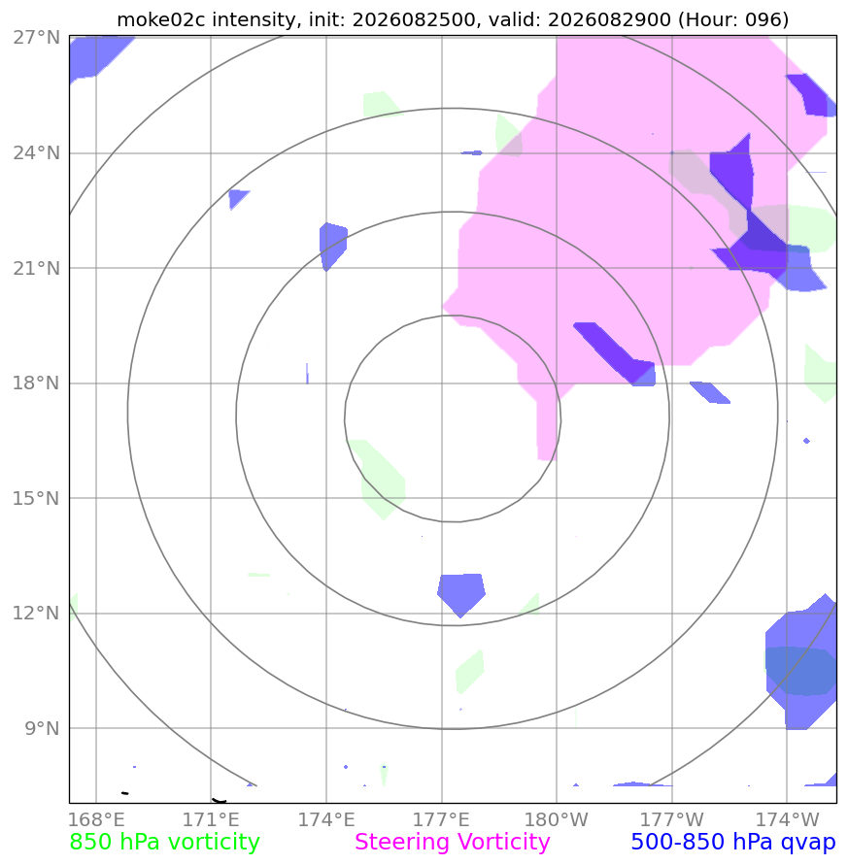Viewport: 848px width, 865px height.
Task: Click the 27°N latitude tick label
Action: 37,38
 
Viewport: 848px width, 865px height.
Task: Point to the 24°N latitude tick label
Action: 37,152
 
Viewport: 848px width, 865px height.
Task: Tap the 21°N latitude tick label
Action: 37,268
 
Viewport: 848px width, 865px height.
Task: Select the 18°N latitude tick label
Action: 37,383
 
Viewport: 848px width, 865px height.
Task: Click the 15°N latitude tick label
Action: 37,498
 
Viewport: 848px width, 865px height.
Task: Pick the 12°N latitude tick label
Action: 37,613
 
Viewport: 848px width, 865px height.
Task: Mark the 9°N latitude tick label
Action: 42,728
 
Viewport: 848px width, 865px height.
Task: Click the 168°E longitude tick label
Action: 96,819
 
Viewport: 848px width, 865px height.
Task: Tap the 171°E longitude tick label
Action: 211,819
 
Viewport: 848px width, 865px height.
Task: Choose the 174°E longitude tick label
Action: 326,819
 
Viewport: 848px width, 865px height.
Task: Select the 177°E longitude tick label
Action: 442,819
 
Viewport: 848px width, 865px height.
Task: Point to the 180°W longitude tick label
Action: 557,819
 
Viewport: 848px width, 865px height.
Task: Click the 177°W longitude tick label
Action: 672,819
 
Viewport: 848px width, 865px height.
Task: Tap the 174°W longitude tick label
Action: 787,819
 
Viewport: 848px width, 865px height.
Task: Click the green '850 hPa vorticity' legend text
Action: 164,843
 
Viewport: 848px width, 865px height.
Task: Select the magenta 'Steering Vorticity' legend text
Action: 452,843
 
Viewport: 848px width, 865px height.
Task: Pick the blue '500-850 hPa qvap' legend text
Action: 733,843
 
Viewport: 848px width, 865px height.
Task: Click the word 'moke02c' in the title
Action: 160,19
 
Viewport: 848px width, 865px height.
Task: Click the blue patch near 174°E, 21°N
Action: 333,246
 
